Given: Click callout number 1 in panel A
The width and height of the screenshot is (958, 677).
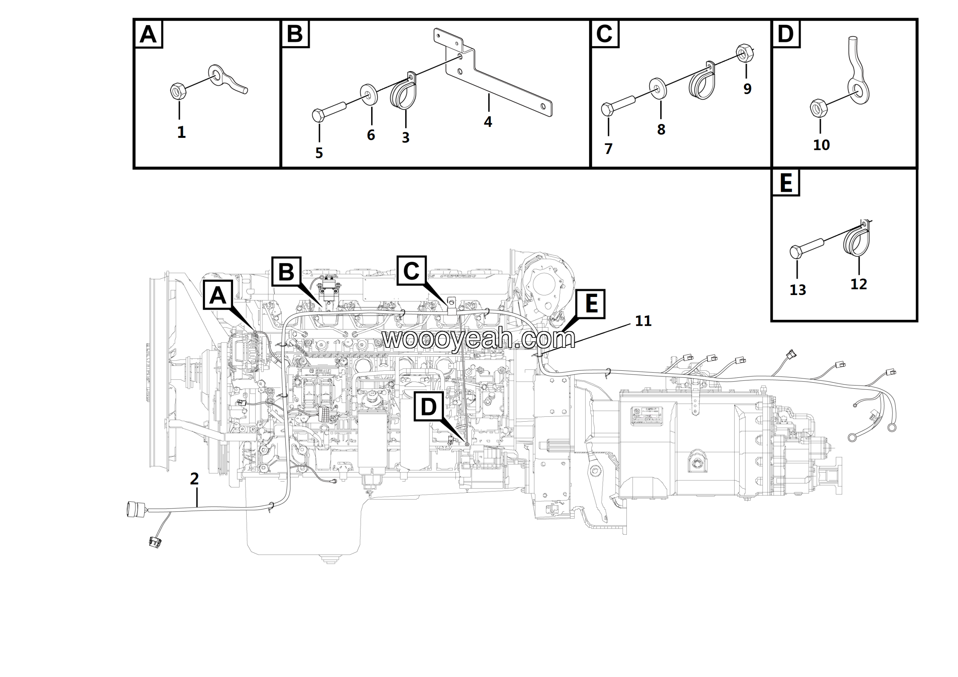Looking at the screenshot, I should (x=181, y=132).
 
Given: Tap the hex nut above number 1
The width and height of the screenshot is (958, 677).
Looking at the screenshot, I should (x=179, y=91).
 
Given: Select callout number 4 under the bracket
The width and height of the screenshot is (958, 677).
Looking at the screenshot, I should (x=488, y=122).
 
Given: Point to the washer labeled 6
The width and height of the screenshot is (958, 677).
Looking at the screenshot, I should (x=369, y=94).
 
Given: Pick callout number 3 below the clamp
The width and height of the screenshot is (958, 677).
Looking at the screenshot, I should (x=406, y=138).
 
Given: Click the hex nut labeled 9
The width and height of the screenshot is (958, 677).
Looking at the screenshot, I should (x=744, y=53).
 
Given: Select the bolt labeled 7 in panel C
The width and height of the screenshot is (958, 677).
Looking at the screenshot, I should (x=617, y=106).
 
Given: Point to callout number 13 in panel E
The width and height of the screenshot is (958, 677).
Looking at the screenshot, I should (x=797, y=290).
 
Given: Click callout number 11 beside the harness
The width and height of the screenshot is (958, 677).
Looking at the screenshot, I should (x=643, y=321).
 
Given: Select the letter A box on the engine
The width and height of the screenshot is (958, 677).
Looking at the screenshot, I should (x=218, y=295).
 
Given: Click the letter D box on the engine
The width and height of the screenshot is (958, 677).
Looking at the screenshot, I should (x=428, y=407).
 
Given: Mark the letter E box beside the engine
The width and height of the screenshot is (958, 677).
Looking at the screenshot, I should (x=591, y=303).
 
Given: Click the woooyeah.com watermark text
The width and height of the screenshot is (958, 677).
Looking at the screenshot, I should (x=479, y=338).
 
